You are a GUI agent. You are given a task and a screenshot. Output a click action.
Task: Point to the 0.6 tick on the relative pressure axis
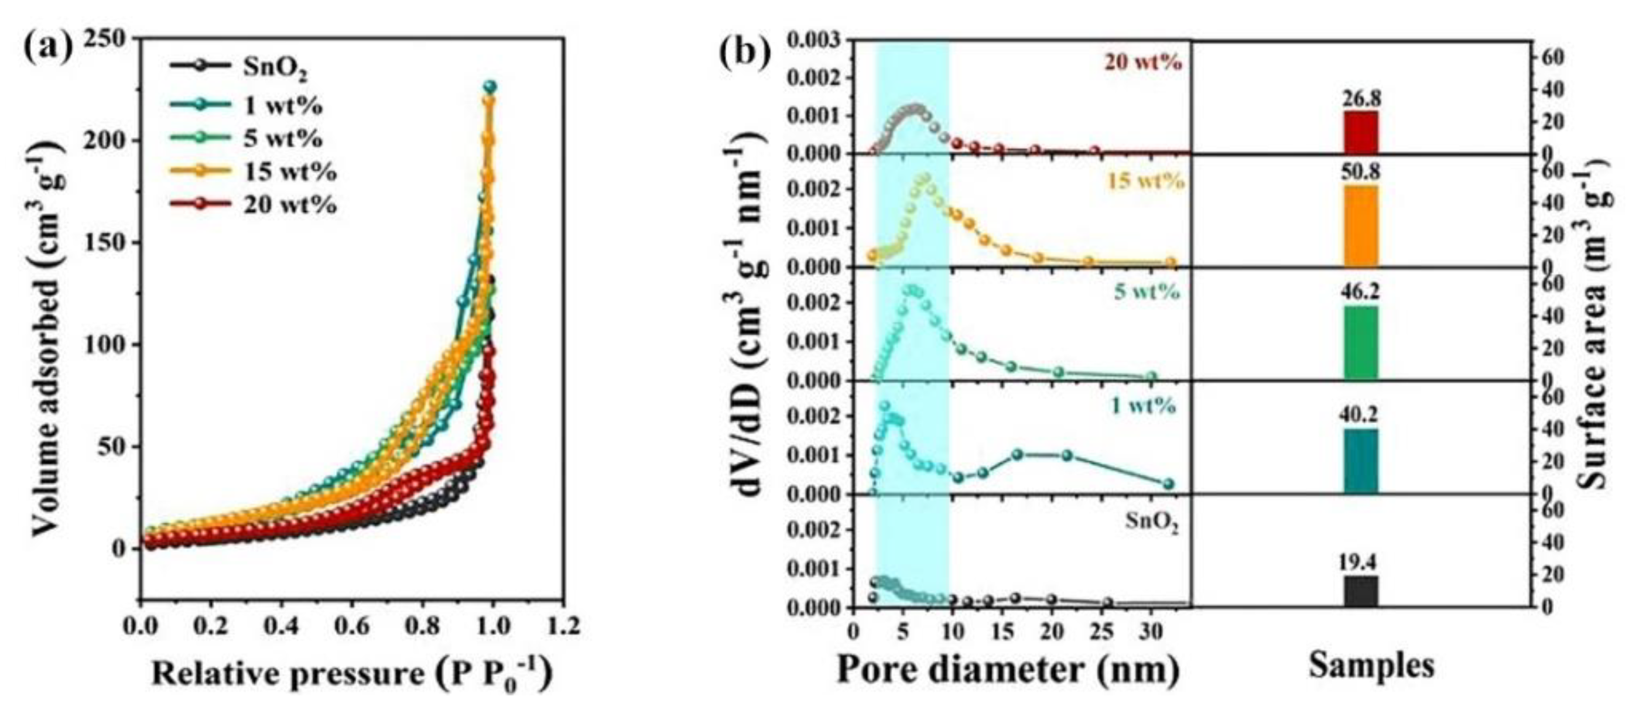pos(353,626)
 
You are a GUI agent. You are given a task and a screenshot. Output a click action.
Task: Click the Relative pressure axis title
pos(351,673)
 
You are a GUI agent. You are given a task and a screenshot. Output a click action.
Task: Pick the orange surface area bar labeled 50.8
pos(1360,226)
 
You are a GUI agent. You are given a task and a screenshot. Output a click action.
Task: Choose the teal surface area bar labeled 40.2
pos(1360,461)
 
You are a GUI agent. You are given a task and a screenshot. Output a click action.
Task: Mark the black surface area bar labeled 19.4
pos(1360,591)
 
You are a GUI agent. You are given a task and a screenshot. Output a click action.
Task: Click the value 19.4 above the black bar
pos(1360,562)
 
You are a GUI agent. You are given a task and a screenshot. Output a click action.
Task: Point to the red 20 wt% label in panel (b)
pos(1143,63)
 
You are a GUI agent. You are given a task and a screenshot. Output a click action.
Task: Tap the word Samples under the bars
pos(1371,666)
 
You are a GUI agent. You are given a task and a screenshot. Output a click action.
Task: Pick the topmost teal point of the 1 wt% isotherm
pos(490,86)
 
